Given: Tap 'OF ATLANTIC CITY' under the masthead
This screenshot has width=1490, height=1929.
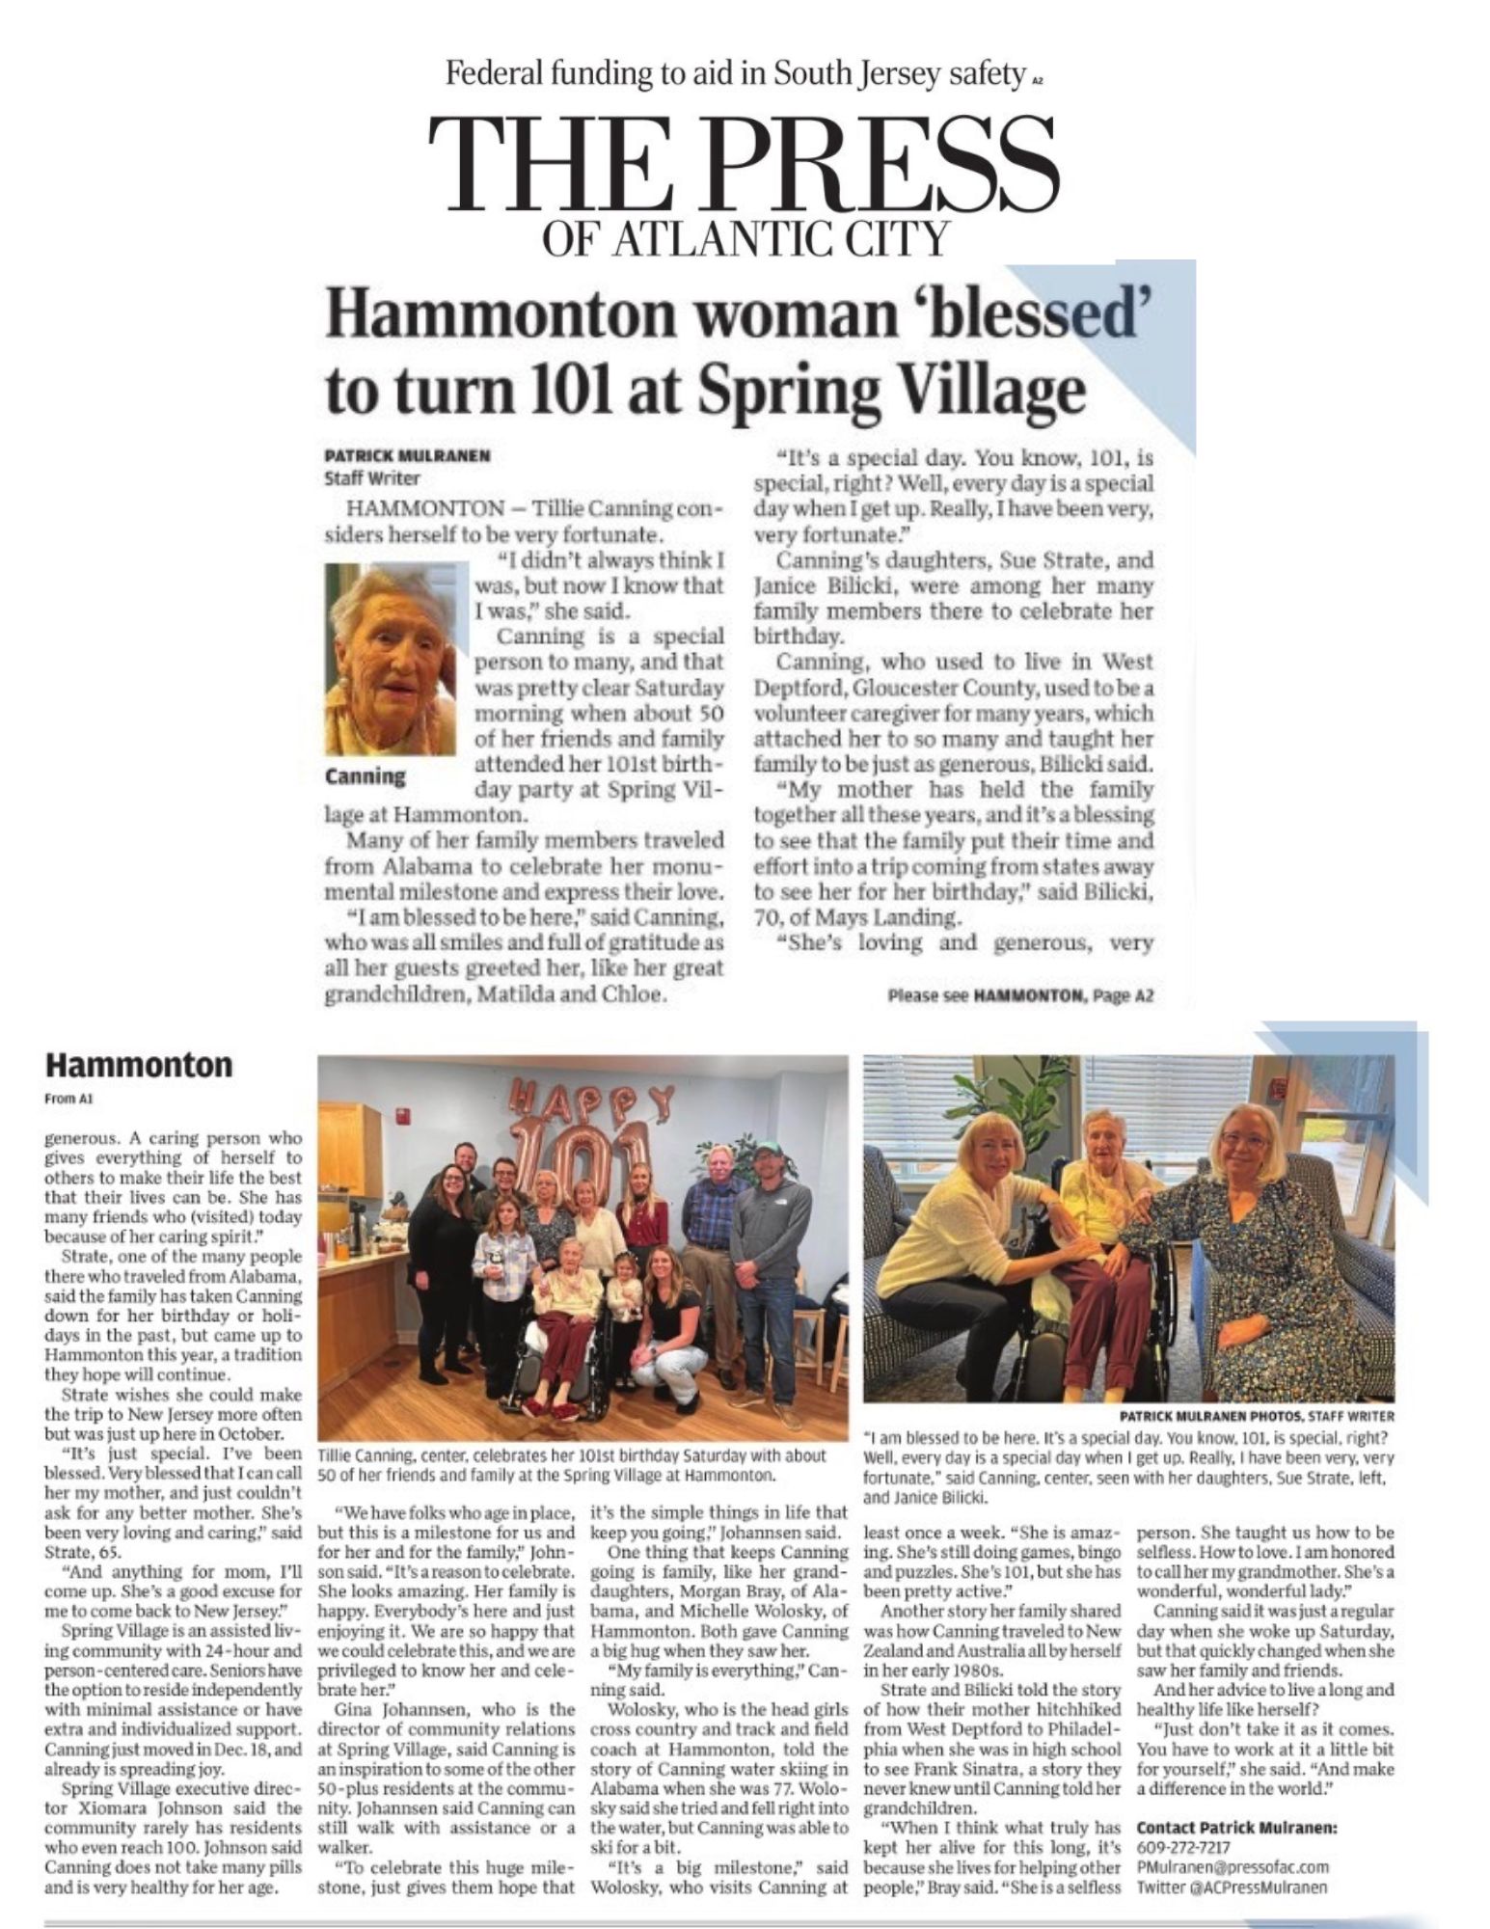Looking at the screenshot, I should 745,237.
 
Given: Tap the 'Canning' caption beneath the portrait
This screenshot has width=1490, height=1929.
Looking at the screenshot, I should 366,775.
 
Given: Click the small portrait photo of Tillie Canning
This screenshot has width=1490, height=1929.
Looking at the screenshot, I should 391,660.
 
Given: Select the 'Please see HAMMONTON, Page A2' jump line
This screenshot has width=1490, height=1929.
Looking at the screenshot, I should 1019,996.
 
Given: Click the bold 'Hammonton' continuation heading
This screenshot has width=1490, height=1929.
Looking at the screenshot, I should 139,1065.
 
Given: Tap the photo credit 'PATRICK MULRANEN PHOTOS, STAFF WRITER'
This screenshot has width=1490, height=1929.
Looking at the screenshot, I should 1256,1415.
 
